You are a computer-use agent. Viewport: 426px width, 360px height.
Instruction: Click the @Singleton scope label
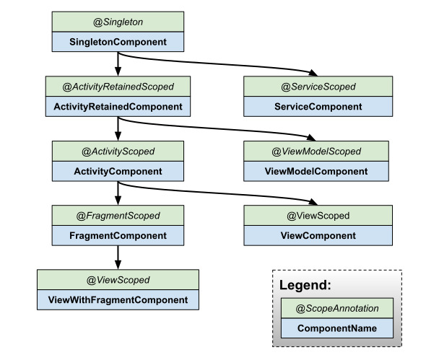(118, 22)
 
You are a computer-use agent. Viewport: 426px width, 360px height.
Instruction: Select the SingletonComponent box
(118, 42)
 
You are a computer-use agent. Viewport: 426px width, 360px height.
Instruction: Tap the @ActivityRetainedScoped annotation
(118, 87)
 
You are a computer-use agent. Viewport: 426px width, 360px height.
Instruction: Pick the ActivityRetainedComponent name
(118, 107)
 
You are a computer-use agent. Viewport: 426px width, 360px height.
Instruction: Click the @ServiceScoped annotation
(318, 87)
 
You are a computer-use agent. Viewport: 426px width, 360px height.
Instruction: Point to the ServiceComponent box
(318, 107)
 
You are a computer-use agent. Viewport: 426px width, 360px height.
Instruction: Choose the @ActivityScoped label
(118, 152)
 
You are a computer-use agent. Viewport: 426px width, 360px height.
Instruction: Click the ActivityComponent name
(118, 171)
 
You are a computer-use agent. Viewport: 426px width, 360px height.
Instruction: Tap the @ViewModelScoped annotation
(316, 152)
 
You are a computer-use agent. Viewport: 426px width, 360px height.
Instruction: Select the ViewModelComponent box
(316, 171)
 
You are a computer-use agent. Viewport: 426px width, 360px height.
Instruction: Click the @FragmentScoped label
(118, 216)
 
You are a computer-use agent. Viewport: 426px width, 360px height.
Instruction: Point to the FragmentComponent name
(118, 236)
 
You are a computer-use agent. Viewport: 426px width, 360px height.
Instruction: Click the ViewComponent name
(318, 236)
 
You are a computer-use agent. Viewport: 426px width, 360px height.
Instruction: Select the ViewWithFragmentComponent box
(118, 300)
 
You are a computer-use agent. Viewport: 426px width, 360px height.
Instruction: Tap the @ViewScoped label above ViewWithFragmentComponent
(118, 280)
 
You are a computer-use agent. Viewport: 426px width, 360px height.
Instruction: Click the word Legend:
(305, 285)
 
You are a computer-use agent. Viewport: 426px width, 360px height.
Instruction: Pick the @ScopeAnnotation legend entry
(337, 308)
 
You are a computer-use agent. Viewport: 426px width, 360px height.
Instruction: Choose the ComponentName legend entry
(337, 328)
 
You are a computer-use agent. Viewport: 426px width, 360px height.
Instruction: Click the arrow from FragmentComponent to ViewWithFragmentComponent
(118, 258)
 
